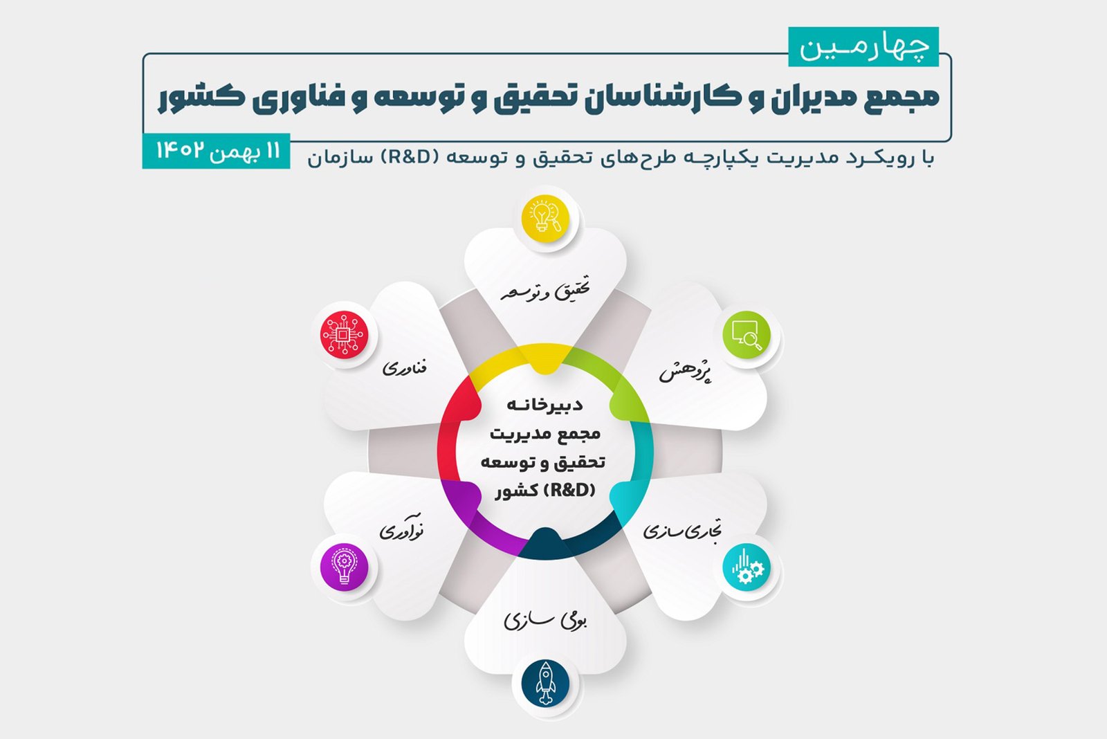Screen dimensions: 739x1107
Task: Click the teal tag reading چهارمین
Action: tap(863, 47)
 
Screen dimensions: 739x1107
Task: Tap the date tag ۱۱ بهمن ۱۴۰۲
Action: tap(216, 151)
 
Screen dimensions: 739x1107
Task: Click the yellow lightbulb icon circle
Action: tap(545, 219)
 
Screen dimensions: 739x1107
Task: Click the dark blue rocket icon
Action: tap(545, 684)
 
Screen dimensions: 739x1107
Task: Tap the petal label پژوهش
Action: tap(685, 372)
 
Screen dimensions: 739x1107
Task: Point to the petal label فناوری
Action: tap(405, 367)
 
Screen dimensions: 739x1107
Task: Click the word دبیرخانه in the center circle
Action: tap(545, 405)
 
